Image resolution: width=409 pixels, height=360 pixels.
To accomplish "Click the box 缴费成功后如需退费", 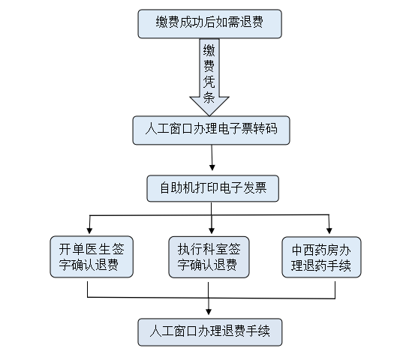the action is coord(209,24).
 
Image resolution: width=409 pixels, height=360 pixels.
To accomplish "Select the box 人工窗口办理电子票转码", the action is coord(212,130).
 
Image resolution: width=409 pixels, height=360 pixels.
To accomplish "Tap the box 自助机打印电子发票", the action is coord(213,188).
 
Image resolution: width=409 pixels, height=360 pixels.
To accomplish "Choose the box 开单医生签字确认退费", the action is coord(92,256).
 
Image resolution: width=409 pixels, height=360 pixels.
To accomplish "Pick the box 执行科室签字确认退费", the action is coord(209,257).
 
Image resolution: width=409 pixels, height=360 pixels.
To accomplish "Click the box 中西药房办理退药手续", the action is coord(322,257).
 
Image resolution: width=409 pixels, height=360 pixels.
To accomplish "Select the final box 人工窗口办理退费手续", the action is coord(210,332).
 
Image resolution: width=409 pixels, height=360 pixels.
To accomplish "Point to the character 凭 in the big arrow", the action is coord(209,82).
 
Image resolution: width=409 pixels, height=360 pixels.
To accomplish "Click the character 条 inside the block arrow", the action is coord(209,97).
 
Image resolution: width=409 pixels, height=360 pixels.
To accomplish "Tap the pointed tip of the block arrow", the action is coord(209,115).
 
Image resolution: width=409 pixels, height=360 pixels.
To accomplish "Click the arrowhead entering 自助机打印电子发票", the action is coord(212,167).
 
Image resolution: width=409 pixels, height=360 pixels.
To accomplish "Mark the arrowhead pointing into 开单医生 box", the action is coord(89,230).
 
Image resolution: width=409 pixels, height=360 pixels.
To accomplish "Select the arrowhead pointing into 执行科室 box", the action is coord(212,230).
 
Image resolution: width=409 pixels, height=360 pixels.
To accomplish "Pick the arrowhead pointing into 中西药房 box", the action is coord(329,230).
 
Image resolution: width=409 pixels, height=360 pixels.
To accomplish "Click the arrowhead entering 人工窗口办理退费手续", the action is coord(209,312).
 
